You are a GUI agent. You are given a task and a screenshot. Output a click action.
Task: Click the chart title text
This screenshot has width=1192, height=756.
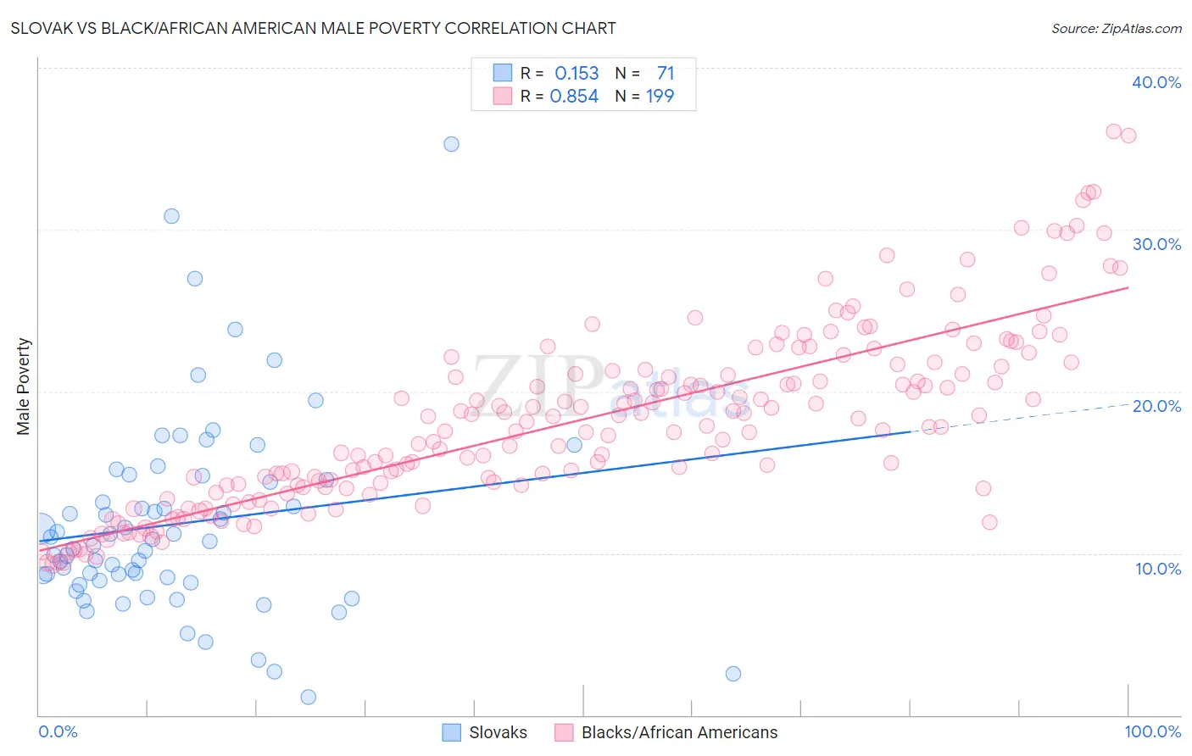(313, 28)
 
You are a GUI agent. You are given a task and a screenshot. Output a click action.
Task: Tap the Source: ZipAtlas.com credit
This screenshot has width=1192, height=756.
(1116, 28)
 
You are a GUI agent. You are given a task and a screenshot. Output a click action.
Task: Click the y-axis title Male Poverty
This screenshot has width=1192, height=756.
(24, 386)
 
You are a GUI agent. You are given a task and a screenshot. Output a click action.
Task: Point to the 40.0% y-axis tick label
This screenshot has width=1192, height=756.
(1156, 82)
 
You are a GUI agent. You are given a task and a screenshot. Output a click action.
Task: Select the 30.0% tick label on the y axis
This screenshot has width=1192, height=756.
(1156, 244)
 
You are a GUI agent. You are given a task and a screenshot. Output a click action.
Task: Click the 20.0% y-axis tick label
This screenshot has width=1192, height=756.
(1156, 406)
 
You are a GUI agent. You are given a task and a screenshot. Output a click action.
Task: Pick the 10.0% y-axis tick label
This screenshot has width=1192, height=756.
(1157, 569)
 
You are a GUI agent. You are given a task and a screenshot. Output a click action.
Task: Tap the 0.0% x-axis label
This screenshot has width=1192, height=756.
(58, 731)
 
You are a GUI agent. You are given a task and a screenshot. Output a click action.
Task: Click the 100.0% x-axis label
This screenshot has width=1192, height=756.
(1152, 731)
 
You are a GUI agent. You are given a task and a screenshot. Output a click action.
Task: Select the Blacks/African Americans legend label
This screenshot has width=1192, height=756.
(679, 732)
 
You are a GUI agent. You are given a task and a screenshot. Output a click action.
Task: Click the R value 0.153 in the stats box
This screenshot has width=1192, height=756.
(577, 74)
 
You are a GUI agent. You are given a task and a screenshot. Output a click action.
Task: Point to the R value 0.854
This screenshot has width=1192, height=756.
(574, 97)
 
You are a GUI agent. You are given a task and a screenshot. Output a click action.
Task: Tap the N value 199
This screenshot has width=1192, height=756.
(660, 97)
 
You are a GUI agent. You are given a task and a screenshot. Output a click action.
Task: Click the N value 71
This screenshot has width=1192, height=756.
(665, 74)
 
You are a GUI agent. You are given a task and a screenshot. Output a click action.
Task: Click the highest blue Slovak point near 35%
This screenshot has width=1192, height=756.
(451, 144)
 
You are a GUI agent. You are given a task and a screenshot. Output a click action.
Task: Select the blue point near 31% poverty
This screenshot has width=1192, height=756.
(171, 216)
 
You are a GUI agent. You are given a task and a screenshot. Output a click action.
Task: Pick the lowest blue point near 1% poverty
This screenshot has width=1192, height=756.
(309, 697)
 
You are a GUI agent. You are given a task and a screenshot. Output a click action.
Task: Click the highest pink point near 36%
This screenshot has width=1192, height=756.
(1113, 131)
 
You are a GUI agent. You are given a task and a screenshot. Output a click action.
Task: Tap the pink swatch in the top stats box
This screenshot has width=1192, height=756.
(503, 97)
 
